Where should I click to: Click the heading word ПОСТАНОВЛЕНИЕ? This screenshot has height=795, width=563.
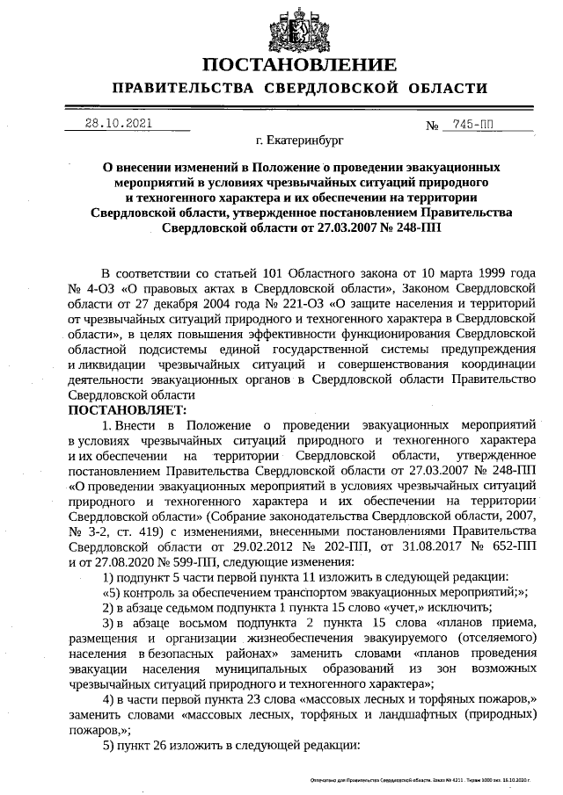(x=298, y=65)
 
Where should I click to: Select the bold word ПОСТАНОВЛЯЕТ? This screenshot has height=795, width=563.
(x=128, y=409)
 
